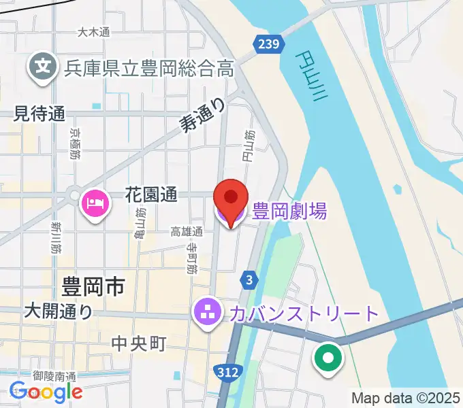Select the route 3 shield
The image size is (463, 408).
coord(250,279)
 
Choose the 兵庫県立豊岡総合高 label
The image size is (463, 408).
coord(149,68)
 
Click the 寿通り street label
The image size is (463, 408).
coord(203,114)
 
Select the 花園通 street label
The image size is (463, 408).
coord(151,194)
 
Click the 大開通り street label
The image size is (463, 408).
coord(58,311)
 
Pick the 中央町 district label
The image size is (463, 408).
coord(139,344)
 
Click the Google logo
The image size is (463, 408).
coord(46,391)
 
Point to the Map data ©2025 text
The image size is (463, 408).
coord(406,398)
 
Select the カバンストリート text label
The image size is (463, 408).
coord(304,313)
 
